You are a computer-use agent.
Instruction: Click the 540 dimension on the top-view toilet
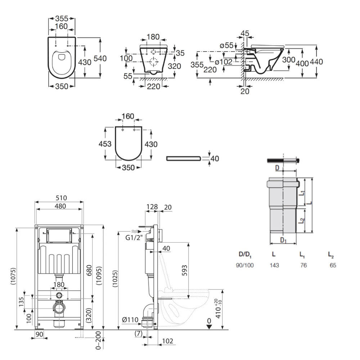coord(100,58)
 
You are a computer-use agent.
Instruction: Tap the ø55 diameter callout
coord(226,45)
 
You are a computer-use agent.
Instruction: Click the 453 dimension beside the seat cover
coord(105,144)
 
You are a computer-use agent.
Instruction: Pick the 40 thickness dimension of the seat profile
coord(215,158)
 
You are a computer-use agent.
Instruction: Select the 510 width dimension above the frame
coord(59,198)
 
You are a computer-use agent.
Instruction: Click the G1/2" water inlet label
coord(134,238)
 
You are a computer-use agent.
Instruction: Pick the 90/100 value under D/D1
coord(245,265)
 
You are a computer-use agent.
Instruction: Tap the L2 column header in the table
coord(330,255)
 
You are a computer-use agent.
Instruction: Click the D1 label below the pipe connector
coord(283,239)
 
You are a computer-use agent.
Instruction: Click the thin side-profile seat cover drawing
coord(183,158)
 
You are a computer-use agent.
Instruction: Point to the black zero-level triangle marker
coord(209,326)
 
